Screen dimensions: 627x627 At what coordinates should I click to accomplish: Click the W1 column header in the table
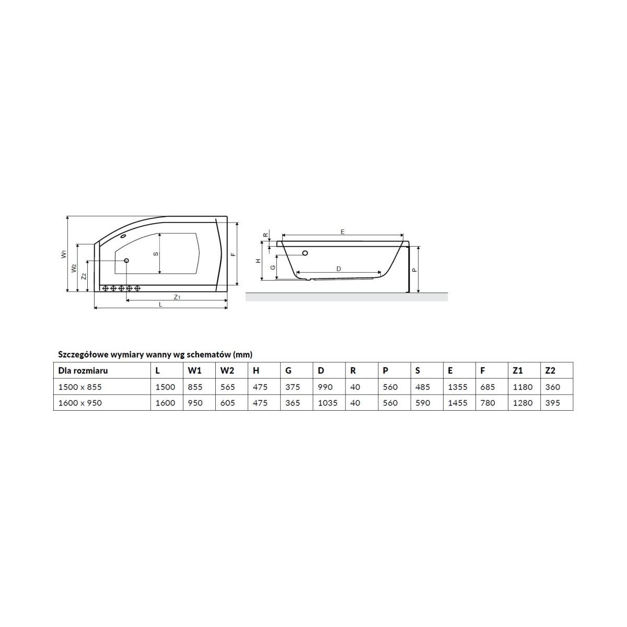point(194,370)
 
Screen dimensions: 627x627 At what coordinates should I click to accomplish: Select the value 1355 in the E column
point(458,387)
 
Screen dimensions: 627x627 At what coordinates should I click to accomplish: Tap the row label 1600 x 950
point(80,403)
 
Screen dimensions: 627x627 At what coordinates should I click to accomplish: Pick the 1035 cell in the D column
point(328,403)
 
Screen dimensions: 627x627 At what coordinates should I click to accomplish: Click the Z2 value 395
point(552,403)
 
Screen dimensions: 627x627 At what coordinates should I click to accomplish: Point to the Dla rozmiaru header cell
point(83,370)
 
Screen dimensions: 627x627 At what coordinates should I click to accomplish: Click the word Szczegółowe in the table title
point(83,355)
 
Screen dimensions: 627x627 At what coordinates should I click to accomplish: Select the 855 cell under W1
point(195,387)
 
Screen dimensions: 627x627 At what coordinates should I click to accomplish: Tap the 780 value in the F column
point(487,403)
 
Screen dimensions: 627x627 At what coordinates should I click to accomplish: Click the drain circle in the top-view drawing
point(126,261)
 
